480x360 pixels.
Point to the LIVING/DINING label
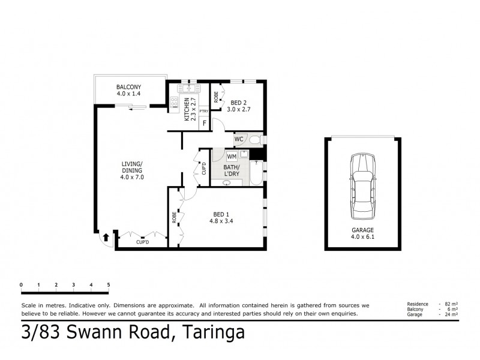point(131,170)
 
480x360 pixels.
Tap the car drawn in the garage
point(362,186)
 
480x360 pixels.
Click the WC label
point(238,139)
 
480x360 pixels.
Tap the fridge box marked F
point(205,124)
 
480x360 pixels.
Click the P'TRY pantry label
point(204,110)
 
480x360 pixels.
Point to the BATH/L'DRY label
point(232,170)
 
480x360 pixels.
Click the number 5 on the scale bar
point(109,284)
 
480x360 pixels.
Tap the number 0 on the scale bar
point(21,284)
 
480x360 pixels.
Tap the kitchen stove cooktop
point(174,103)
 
